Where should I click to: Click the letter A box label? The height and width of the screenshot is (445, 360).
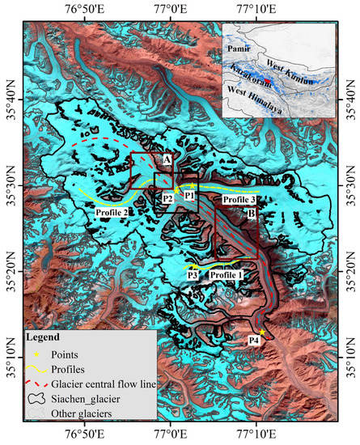pos(166,160)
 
